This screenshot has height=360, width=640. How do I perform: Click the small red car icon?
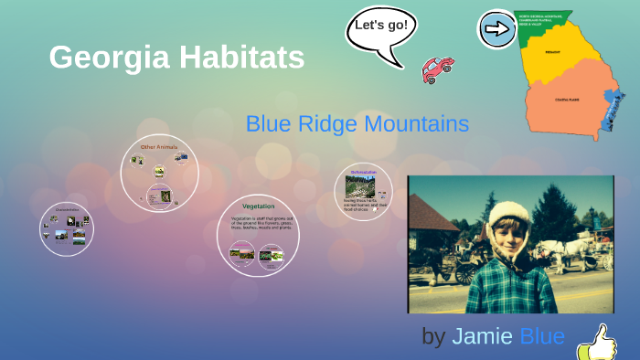click(x=437, y=69)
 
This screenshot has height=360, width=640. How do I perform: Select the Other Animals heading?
click(x=159, y=147)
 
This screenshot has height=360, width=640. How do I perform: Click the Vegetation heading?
click(x=258, y=206)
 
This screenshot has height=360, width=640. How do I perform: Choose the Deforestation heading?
click(x=363, y=171)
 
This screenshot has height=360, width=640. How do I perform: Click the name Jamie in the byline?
click(x=482, y=336)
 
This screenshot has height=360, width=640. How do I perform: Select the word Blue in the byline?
click(x=542, y=336)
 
